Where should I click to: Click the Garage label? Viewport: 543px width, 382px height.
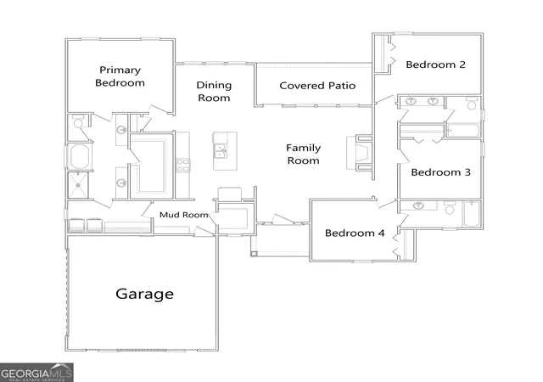[x=145, y=294]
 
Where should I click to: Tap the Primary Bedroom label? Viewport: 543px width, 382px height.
[x=120, y=76]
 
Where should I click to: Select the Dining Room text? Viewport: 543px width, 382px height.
[x=214, y=91]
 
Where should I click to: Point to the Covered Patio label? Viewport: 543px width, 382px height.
[x=317, y=86]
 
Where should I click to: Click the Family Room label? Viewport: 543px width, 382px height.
[x=304, y=154]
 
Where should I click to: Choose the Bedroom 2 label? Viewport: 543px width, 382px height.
[x=435, y=65]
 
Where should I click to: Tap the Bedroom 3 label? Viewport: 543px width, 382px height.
[x=441, y=172]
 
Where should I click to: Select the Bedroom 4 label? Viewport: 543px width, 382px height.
[x=355, y=233]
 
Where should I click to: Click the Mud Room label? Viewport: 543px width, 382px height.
[x=184, y=215]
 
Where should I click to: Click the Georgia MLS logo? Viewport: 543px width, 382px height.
[x=36, y=373]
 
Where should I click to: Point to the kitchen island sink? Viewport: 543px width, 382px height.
[x=220, y=151]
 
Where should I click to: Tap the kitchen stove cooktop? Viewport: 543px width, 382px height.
[x=183, y=166]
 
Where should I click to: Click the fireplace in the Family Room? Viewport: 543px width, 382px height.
[x=360, y=153]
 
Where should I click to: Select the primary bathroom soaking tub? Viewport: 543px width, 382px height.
[x=80, y=156]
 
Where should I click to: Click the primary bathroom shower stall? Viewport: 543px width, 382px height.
[x=78, y=185]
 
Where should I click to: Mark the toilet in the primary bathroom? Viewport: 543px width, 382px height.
[x=77, y=121]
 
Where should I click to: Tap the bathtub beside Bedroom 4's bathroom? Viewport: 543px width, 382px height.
[x=472, y=214]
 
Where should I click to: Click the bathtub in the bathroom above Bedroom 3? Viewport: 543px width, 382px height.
[x=462, y=130]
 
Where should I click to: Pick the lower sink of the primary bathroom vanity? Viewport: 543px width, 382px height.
[x=121, y=183]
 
